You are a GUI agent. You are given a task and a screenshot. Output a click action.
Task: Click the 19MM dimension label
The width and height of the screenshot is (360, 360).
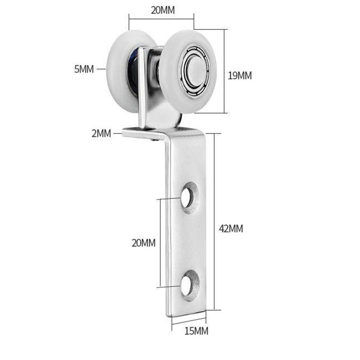click(x=240, y=76)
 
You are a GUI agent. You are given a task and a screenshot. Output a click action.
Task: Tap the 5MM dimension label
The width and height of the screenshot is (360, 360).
click(x=84, y=69)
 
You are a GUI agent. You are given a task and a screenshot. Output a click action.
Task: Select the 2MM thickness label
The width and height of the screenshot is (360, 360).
click(x=101, y=134)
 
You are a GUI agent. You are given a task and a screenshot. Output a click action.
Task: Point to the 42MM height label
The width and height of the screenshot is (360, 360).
click(x=231, y=228)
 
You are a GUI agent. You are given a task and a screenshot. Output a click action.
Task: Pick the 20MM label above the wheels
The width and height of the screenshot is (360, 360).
click(x=163, y=10)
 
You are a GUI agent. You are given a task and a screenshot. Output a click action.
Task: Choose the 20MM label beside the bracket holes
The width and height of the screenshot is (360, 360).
click(x=143, y=243)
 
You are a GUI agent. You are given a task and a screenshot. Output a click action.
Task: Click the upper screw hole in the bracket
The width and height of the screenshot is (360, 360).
click(x=187, y=197)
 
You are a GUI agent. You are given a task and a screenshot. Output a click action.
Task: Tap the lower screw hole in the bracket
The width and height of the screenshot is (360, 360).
click(x=187, y=285)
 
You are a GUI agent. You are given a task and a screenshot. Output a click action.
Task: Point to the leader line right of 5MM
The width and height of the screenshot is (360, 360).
click(x=101, y=69)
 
